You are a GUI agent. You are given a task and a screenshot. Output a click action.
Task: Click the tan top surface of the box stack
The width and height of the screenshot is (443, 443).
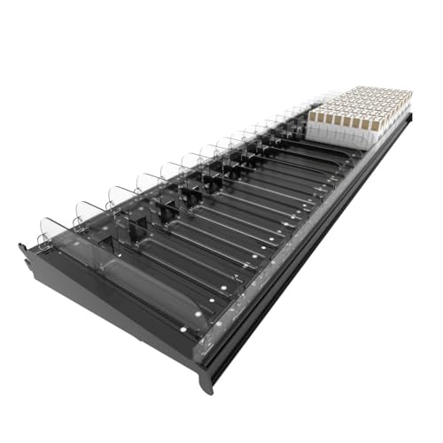[363, 102]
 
